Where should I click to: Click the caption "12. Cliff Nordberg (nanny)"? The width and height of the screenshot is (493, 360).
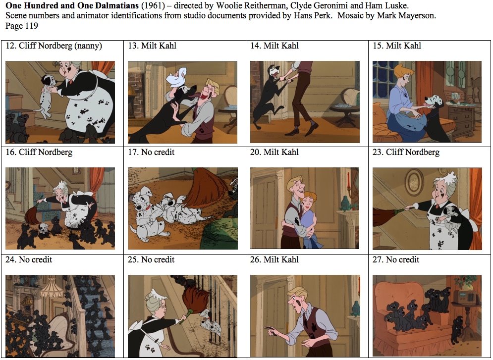click(x=54, y=46)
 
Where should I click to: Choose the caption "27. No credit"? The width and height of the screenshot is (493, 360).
click(x=396, y=259)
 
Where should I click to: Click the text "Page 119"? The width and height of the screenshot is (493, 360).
click(x=21, y=26)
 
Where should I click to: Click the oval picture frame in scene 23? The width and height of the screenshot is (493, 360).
click(x=414, y=182)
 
